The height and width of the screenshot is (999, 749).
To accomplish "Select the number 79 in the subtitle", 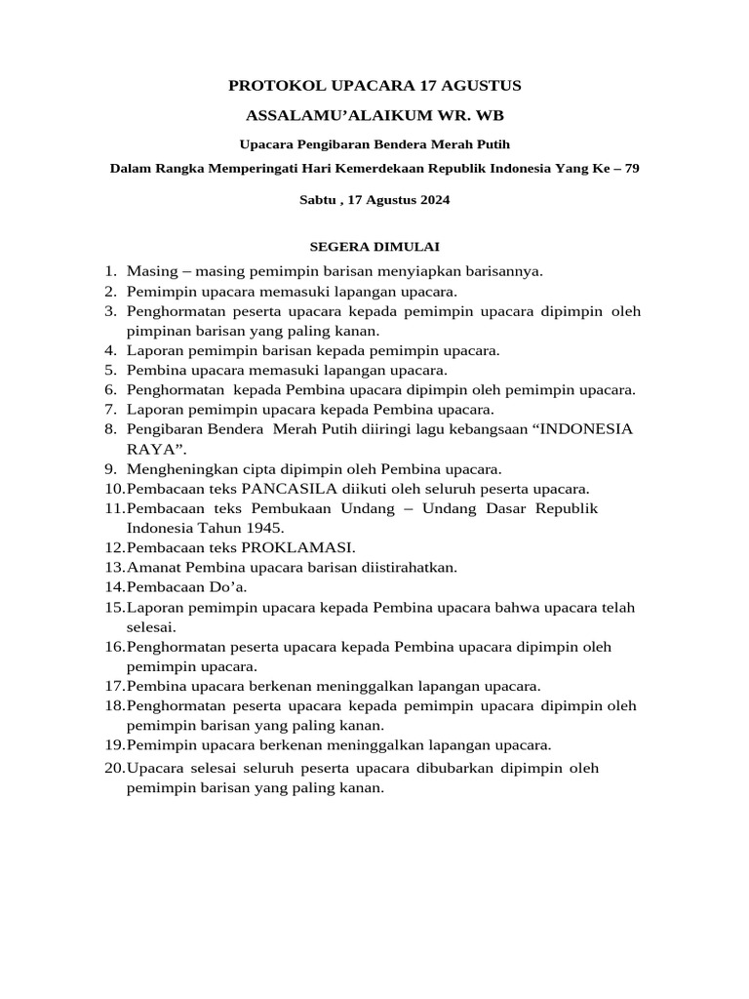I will (x=631, y=168).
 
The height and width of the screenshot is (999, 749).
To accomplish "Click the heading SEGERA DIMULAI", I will (x=374, y=247).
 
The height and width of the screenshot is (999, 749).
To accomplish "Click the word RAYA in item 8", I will (x=148, y=449).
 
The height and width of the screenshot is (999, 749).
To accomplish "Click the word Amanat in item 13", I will (x=150, y=567).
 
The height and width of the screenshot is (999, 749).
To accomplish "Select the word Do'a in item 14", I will (x=231, y=586).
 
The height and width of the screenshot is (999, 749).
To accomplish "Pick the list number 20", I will (x=114, y=768).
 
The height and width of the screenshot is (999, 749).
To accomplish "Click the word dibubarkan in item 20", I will (x=457, y=768).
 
